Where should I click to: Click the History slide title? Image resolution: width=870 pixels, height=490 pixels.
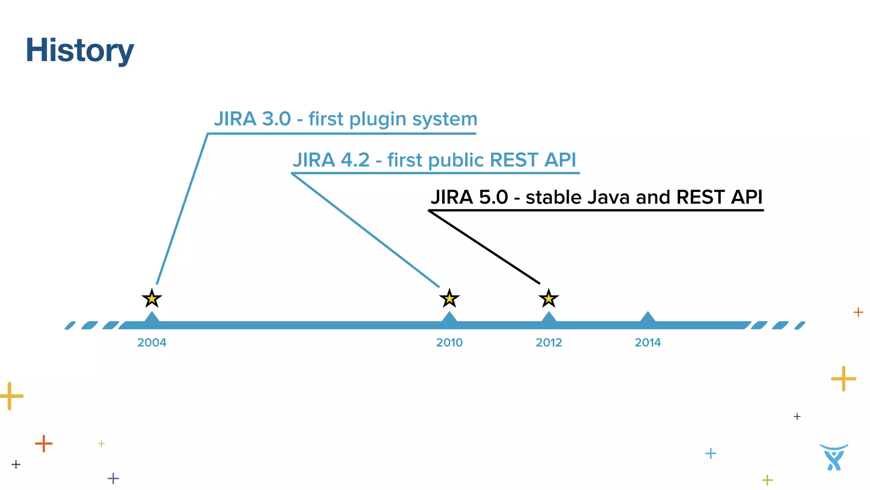(79, 51)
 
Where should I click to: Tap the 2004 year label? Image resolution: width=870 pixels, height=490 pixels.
(152, 342)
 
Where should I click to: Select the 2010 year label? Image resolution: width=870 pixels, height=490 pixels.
(449, 342)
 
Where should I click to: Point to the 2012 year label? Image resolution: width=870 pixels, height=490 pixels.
(548, 342)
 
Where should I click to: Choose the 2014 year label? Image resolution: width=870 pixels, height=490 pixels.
(647, 342)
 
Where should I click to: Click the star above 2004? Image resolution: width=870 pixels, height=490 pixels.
(152, 299)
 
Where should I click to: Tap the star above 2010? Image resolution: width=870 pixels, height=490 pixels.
(449, 299)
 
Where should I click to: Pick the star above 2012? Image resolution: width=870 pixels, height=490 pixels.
(548, 299)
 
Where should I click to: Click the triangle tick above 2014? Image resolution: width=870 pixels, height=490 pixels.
(647, 317)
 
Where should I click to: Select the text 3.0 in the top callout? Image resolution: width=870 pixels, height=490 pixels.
(276, 119)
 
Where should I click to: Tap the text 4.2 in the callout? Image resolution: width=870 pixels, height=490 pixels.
(355, 160)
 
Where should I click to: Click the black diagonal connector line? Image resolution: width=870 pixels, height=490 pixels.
(484, 247)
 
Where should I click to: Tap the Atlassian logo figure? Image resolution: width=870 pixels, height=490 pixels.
(834, 458)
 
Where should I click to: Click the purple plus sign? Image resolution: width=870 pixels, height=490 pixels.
(113, 478)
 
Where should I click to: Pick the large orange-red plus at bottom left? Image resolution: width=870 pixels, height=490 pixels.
(44, 444)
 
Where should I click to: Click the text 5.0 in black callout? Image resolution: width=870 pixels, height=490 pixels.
(493, 197)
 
